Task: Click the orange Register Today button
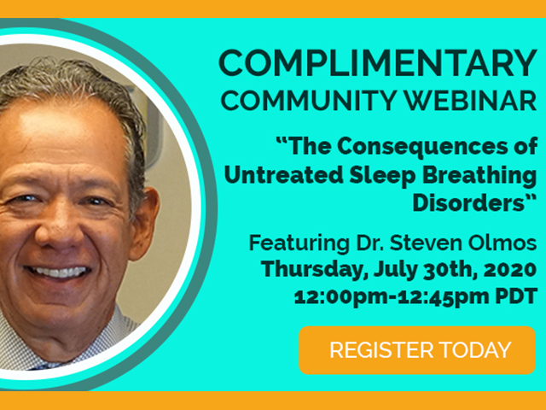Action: click(417, 350)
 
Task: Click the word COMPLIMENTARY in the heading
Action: click(378, 62)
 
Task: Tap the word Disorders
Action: click(468, 202)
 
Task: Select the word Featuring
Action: click(299, 243)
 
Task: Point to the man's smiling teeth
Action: click(57, 272)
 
